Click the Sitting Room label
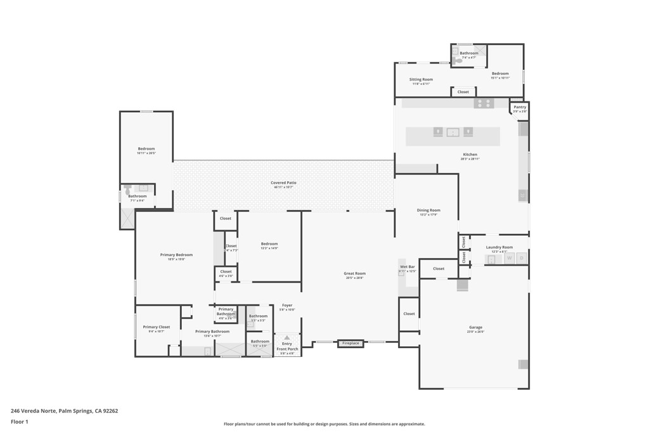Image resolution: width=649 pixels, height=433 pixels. [421, 80]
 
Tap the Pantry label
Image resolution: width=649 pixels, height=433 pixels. [520, 108]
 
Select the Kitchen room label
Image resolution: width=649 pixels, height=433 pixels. [470, 155]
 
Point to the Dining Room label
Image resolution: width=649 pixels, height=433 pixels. [428, 211]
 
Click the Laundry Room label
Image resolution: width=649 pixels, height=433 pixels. [499, 248]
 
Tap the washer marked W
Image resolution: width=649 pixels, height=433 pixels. [509, 259]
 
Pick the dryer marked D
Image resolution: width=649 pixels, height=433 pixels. [522, 259]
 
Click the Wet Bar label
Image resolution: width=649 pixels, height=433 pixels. [407, 268]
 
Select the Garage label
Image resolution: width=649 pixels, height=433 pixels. [475, 328]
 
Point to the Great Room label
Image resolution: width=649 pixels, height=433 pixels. [355, 275]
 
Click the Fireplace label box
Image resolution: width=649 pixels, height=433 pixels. [350, 344]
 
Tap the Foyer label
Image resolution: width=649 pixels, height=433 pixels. [287, 306]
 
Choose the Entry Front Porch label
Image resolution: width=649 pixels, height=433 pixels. [287, 347]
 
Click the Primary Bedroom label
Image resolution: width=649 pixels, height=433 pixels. [176, 255]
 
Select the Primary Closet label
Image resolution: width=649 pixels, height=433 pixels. [156, 328]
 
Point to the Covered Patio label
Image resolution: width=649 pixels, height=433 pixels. [283, 183]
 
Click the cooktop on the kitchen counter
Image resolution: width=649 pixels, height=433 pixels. [484, 103]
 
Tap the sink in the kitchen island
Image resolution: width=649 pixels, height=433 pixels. [453, 132]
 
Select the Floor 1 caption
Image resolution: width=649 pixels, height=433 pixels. [20, 422]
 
